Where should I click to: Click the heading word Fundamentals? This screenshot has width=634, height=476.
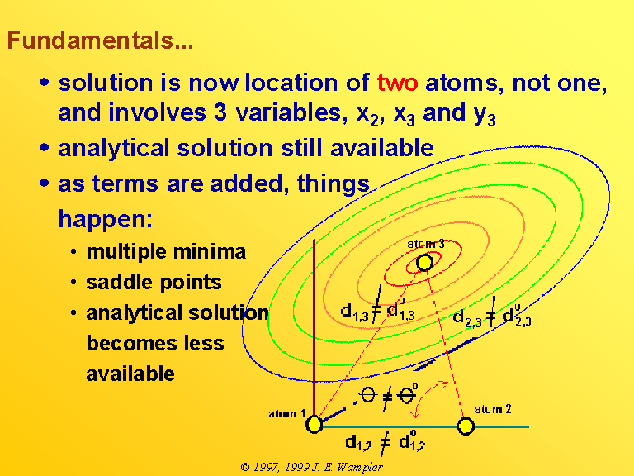(x=100, y=40)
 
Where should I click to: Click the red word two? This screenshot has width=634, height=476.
(x=397, y=83)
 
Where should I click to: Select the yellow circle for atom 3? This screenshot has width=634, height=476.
(x=424, y=262)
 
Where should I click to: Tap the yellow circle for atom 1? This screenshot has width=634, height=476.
(x=314, y=425)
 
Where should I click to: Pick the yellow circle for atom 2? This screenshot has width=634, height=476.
(x=466, y=426)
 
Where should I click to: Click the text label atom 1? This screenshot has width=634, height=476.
(x=286, y=414)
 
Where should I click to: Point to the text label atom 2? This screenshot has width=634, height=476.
(x=492, y=409)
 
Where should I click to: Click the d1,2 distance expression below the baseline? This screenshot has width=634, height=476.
(x=385, y=442)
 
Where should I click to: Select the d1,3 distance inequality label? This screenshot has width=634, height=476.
(x=377, y=307)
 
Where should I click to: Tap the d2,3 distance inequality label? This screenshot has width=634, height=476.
(x=492, y=315)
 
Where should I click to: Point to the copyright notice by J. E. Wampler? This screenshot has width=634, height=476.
(x=311, y=467)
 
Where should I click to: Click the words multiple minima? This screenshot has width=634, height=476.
(x=166, y=252)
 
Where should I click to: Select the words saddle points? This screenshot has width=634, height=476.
(x=154, y=282)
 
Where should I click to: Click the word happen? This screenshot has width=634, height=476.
(x=105, y=219)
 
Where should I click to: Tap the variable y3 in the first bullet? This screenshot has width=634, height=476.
(x=485, y=115)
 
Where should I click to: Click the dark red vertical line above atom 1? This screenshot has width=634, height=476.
(x=315, y=328)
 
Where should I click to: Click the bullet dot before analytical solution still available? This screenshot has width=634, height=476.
(x=45, y=147)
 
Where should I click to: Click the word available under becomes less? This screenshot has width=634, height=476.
(x=130, y=374)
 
